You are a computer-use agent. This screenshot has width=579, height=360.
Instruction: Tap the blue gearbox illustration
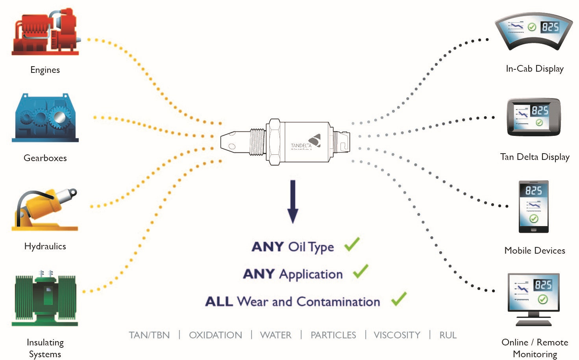(45, 118)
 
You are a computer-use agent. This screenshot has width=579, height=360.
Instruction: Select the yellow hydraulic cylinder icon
(45, 210)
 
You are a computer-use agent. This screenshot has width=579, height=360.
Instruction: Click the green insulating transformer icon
(45, 298)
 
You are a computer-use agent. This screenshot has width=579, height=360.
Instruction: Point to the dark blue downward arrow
(292, 202)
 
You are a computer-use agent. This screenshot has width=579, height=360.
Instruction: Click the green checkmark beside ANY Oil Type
(352, 244)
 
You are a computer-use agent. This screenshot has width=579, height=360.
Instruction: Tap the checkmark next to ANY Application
(361, 271)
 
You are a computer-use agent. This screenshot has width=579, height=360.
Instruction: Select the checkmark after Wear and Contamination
(399, 299)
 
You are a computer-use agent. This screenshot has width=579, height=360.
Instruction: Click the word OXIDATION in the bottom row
(216, 335)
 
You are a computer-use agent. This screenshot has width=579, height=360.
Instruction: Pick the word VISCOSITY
(397, 335)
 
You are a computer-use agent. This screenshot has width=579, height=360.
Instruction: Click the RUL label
(448, 335)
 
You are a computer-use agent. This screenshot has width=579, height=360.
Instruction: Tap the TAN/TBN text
(150, 335)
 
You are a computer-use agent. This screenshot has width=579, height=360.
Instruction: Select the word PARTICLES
(333, 335)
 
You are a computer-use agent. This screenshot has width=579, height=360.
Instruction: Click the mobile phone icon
(534, 207)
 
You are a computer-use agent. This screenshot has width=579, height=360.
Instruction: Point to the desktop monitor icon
(534, 299)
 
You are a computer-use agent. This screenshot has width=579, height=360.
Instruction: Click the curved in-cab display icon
(534, 31)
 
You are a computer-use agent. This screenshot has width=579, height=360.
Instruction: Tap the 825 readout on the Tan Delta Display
(540, 111)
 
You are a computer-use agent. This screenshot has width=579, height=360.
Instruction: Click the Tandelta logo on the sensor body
(306, 142)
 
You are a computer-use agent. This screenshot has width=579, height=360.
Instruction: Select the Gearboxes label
(45, 158)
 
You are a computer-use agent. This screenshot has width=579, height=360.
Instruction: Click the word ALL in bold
(219, 302)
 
